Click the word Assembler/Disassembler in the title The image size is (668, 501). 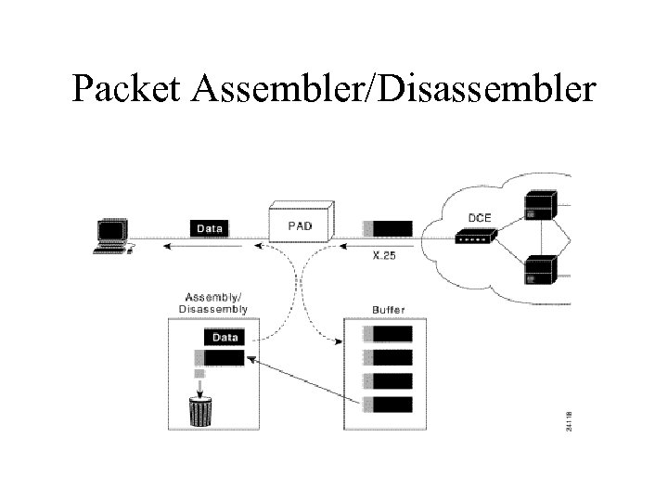click(x=402, y=89)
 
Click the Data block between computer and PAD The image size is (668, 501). click(x=209, y=227)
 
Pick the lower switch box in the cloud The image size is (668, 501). click(x=540, y=269)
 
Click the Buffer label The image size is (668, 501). click(x=388, y=309)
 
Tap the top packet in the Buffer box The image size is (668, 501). click(x=389, y=334)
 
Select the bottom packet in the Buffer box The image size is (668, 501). click(x=389, y=404)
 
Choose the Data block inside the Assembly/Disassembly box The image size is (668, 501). click(x=224, y=338)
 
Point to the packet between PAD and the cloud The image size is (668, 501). click(x=389, y=228)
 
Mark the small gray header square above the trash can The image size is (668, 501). click(x=199, y=374)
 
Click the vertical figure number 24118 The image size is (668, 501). click(x=569, y=414)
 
